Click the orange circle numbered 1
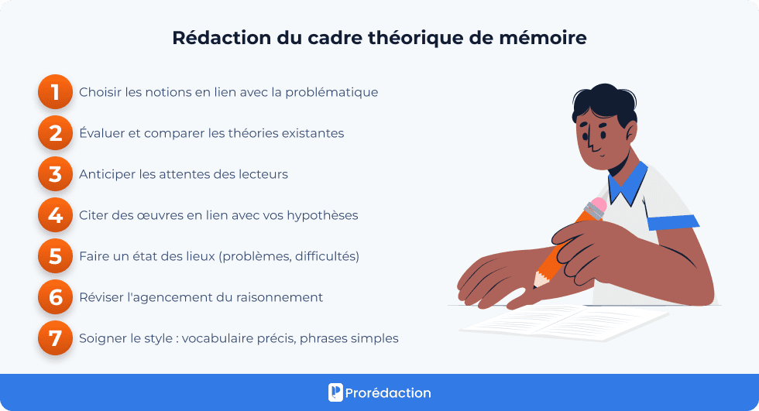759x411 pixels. (55, 92)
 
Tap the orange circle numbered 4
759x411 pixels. (55, 215)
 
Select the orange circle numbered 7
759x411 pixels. (55, 338)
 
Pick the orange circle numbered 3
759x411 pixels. (55, 174)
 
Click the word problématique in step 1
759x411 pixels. (331, 92)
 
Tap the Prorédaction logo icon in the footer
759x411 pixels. (335, 392)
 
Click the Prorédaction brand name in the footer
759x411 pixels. (390, 392)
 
